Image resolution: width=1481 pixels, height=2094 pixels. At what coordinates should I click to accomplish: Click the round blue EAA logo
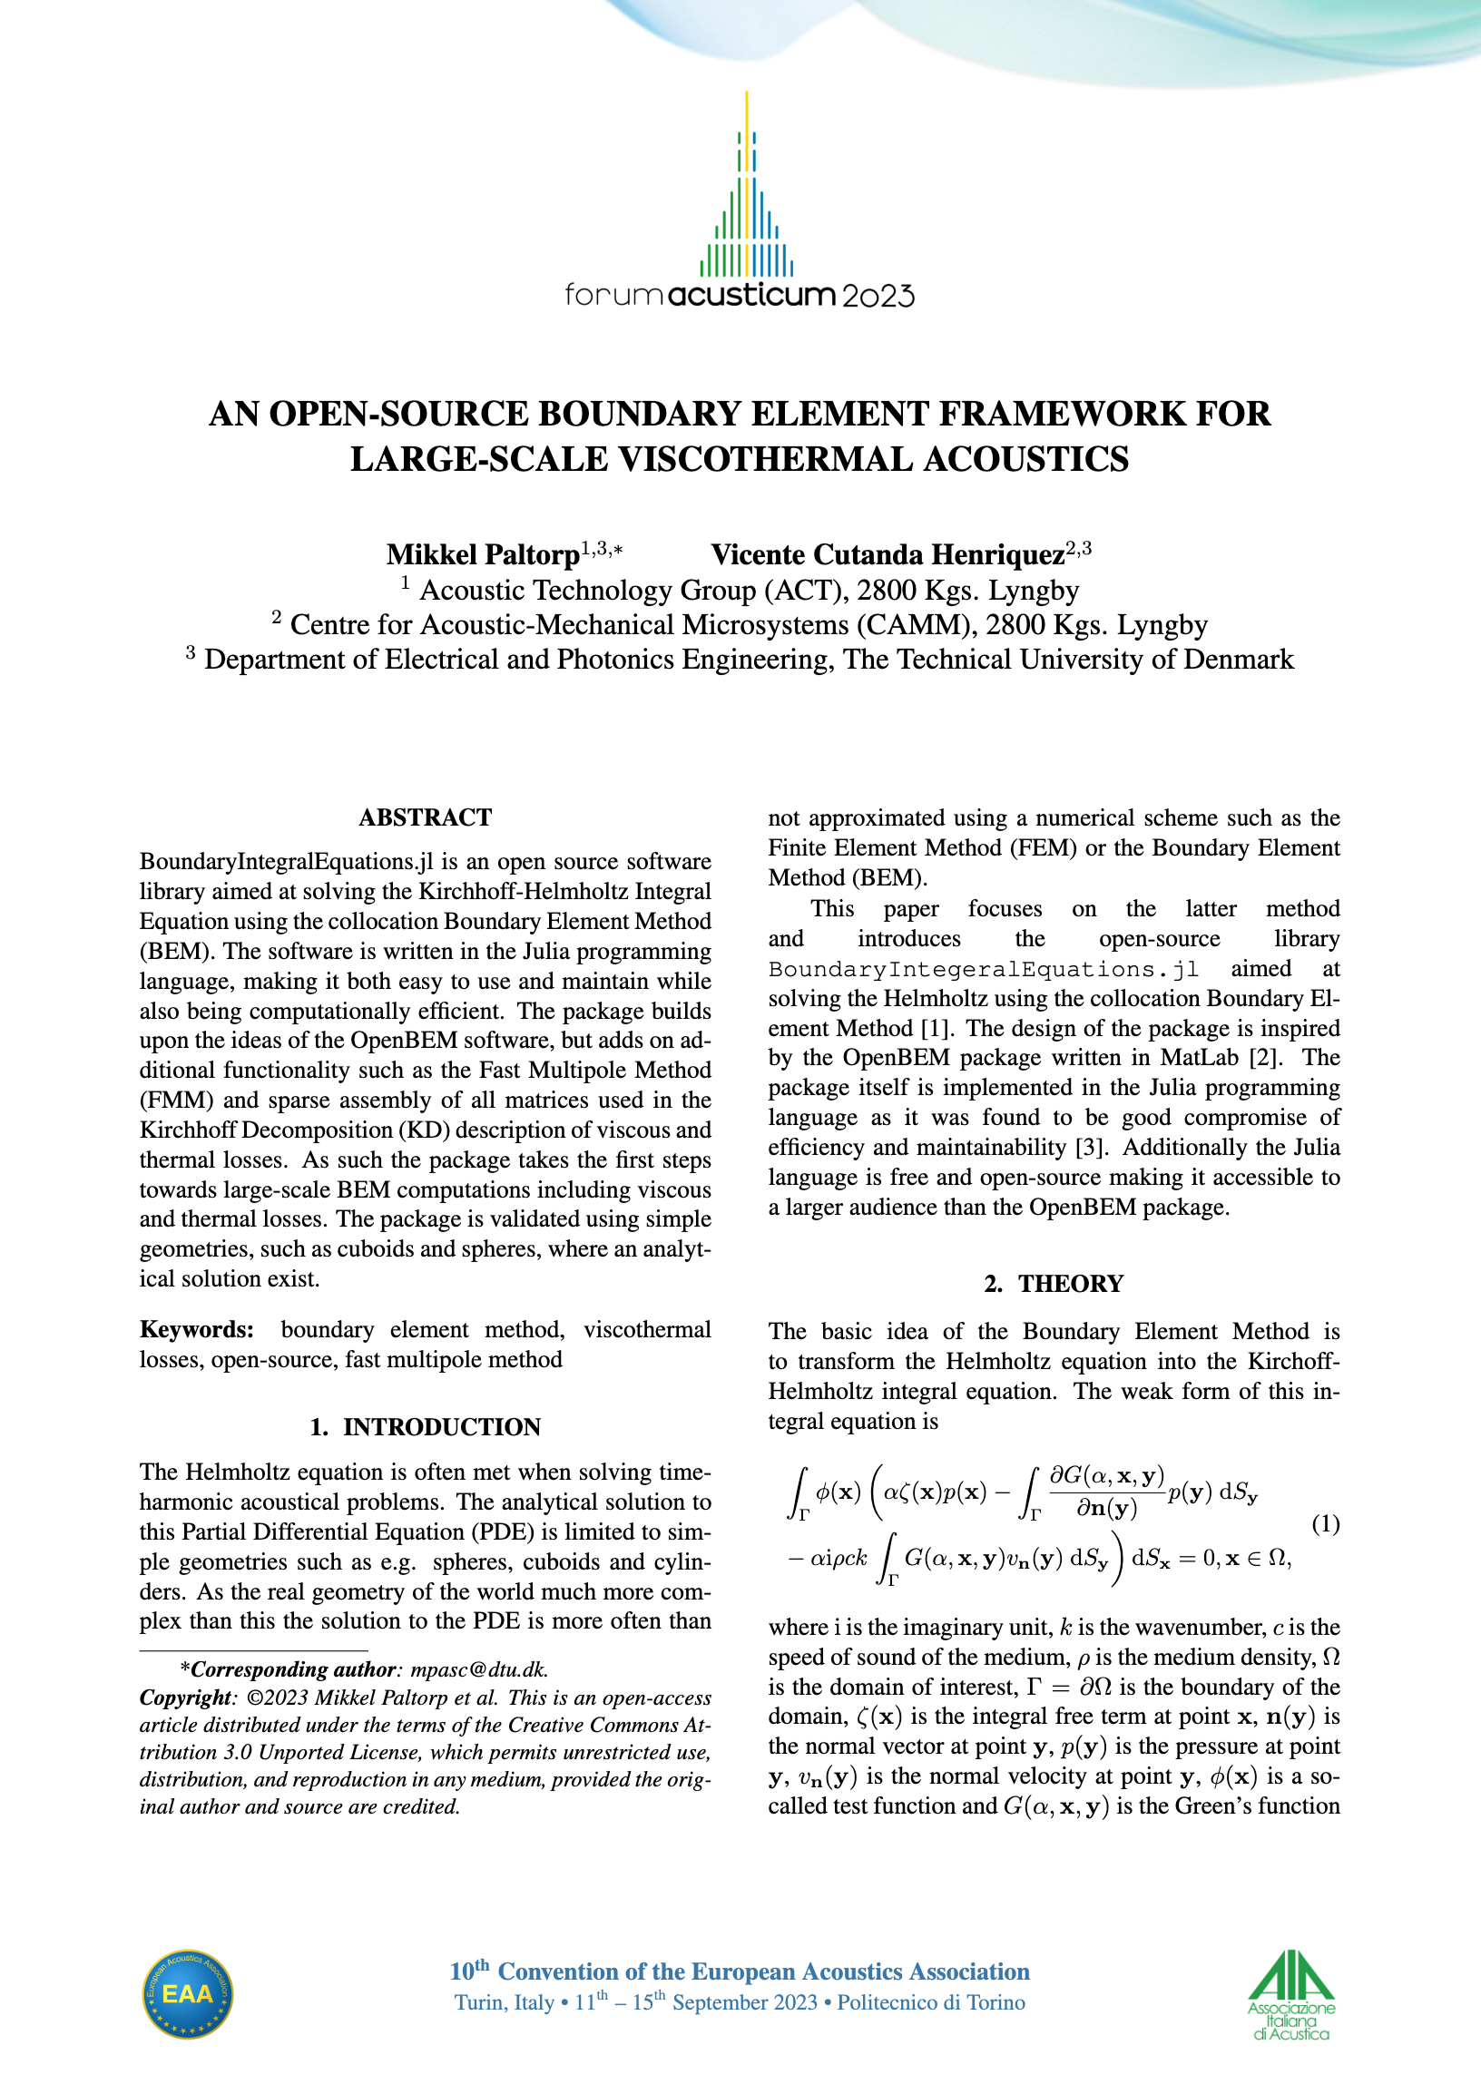pos(187,1993)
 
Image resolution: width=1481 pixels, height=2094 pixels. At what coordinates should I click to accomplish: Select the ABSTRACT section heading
pos(425,817)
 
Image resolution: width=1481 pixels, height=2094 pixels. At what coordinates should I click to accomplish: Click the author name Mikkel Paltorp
pos(483,554)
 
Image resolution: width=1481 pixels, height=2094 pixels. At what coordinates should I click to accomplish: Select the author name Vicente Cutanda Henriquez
pos(888,554)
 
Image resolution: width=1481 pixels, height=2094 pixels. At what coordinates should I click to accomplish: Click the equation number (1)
pos(1325,1523)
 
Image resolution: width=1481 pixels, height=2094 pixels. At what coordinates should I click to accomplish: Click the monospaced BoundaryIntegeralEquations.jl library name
pos(983,969)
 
